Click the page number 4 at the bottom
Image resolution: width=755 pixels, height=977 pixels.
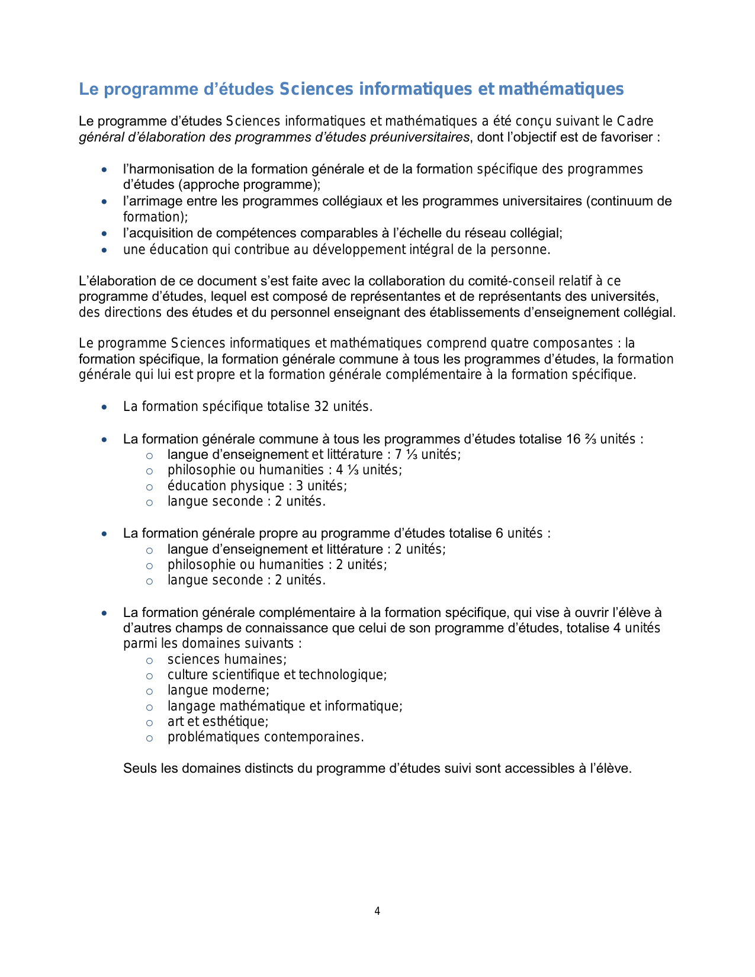[377, 911]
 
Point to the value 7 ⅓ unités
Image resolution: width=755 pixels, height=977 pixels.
[428, 455]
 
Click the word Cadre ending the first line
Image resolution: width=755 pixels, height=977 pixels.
[635, 121]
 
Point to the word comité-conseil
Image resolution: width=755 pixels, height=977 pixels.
[511, 281]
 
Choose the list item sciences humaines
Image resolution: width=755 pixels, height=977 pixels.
[227, 660]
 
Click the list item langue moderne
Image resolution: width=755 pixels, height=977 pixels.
[218, 690]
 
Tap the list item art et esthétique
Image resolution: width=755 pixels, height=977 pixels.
[218, 722]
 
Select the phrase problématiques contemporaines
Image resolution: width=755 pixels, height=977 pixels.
[265, 737]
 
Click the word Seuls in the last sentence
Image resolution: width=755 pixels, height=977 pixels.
[140, 769]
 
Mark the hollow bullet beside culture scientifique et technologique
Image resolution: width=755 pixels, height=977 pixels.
[150, 676]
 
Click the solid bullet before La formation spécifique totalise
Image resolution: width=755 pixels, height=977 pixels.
[105, 407]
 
